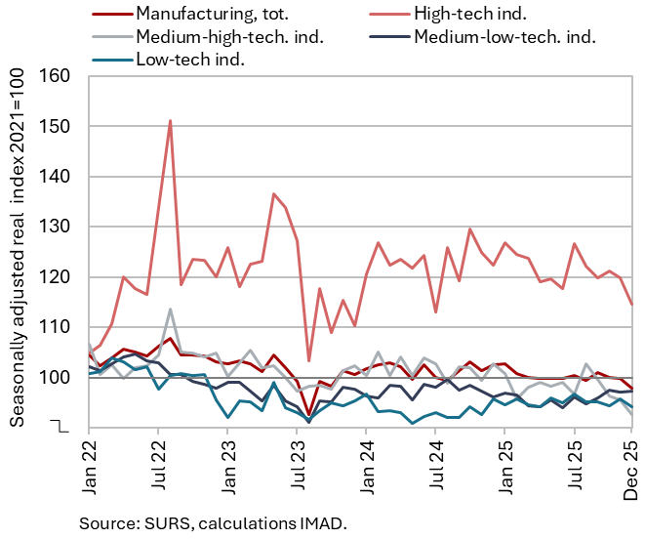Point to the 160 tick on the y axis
coord(60,77)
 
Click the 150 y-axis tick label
coord(60,127)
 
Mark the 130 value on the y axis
coord(60,227)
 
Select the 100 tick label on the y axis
coord(60,377)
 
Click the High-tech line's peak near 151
coord(170,121)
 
